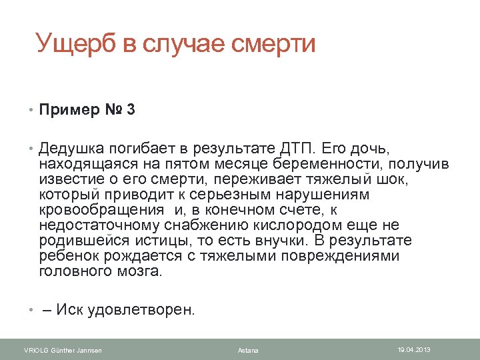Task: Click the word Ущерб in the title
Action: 77,44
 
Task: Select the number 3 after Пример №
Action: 130,109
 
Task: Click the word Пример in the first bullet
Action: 67,109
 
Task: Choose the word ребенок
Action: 67,256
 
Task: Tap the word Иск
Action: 70,310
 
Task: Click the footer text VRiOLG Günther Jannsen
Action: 63,350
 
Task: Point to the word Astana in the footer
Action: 248,350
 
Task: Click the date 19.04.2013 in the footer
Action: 415,349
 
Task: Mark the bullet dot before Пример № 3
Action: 31,110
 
